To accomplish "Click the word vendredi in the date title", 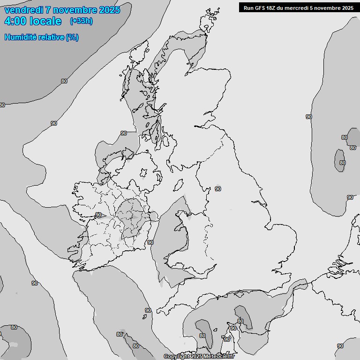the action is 23,10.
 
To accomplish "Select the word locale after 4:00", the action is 45,21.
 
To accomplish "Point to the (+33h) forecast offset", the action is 81,21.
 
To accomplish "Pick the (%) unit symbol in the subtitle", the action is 72,37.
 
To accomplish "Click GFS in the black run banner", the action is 260,7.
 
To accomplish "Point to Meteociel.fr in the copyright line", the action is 219,356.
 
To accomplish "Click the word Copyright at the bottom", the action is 177,356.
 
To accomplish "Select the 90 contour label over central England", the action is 217,189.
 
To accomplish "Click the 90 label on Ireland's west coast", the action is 98,215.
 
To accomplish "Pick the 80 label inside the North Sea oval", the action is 342,163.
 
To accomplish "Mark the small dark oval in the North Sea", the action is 340,160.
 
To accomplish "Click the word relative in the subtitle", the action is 51,37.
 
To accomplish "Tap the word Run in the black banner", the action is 248,7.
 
